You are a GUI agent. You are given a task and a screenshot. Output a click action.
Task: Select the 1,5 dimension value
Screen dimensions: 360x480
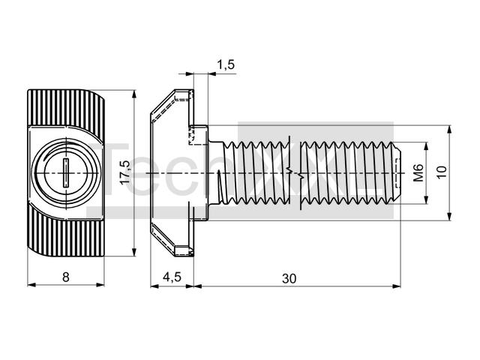coord(225,65)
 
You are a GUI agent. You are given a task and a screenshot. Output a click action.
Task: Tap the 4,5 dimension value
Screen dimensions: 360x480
coord(172,277)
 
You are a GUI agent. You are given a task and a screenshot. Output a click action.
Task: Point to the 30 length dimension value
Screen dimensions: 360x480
coord(289,277)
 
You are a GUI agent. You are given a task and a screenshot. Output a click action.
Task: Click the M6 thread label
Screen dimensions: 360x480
coord(418,173)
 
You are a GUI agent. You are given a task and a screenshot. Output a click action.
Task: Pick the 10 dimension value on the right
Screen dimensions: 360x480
coord(442,173)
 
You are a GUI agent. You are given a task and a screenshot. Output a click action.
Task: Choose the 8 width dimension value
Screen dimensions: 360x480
coord(66,277)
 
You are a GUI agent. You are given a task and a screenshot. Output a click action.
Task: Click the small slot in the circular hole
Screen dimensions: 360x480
coord(64,173)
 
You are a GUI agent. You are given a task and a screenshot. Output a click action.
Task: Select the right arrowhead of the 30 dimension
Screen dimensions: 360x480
coord(396,285)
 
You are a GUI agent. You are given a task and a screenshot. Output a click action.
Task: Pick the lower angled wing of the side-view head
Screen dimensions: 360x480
coord(169,238)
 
